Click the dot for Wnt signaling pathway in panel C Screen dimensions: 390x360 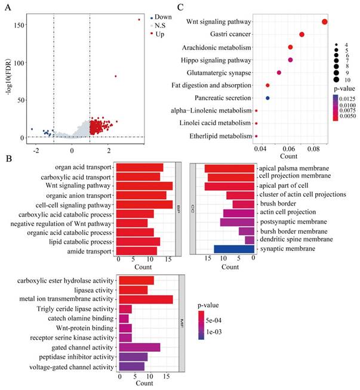[x=325, y=22]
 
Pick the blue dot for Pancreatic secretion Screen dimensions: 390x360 [x=267, y=98]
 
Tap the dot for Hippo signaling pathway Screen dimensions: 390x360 [x=291, y=60]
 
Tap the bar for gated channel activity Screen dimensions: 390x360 [x=140, y=347]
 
